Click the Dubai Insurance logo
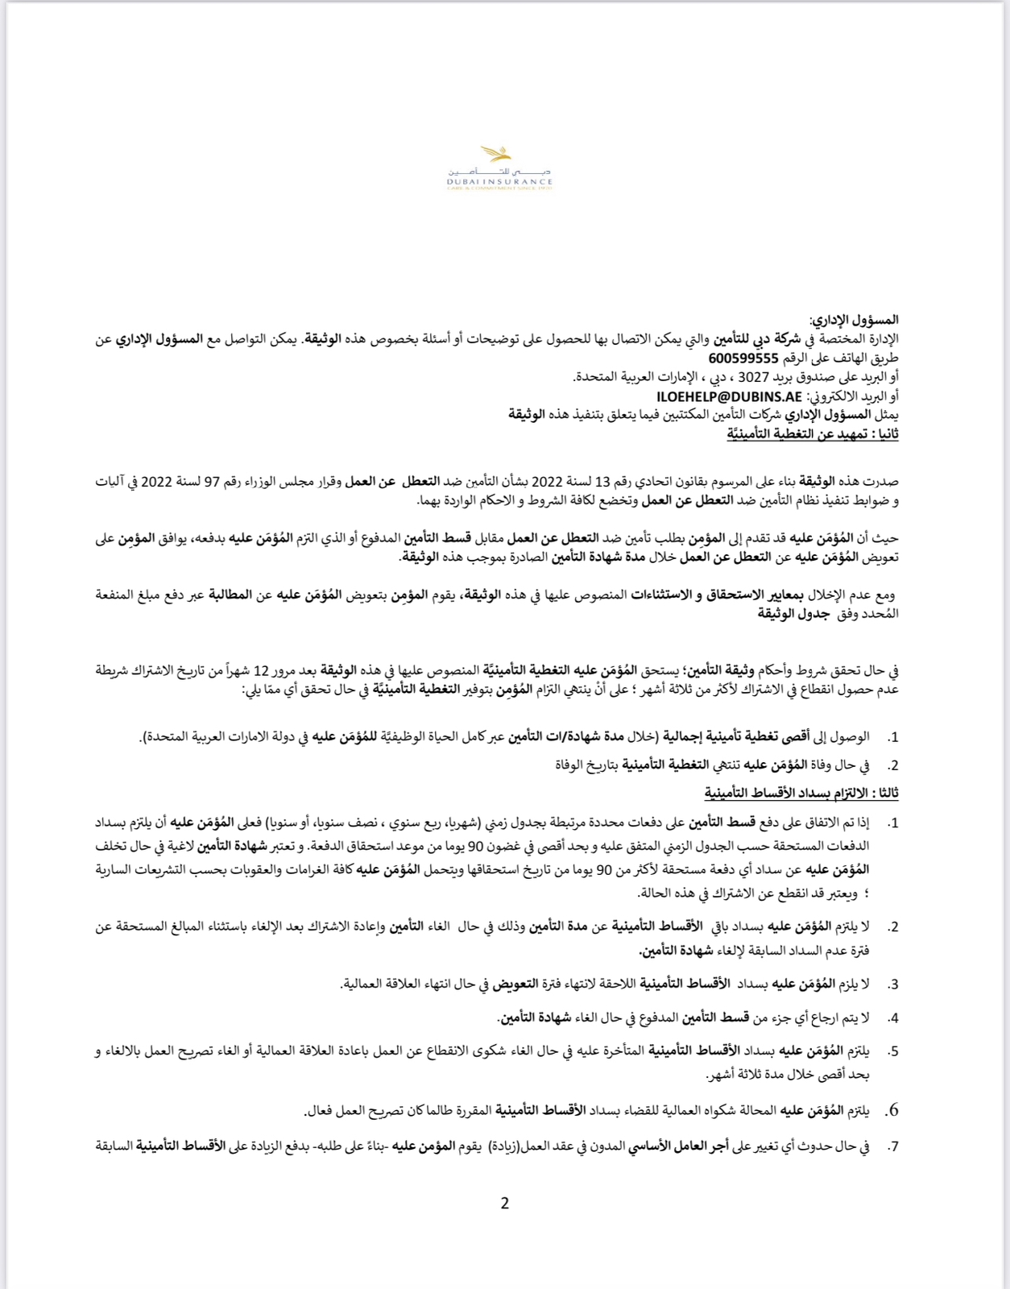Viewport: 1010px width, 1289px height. (500, 168)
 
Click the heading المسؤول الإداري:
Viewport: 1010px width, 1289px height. (854, 320)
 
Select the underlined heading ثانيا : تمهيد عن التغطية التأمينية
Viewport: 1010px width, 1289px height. (813, 434)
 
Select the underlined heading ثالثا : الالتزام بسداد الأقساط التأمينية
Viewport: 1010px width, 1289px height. (801, 793)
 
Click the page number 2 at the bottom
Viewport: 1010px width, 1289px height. (505, 1204)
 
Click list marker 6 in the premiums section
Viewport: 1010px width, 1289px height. (891, 1111)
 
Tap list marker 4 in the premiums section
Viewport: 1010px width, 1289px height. (892, 1018)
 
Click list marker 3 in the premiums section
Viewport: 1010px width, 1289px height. (892, 984)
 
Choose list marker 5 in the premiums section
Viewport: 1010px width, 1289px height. (892, 1051)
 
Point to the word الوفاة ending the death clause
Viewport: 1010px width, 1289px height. (573, 765)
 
